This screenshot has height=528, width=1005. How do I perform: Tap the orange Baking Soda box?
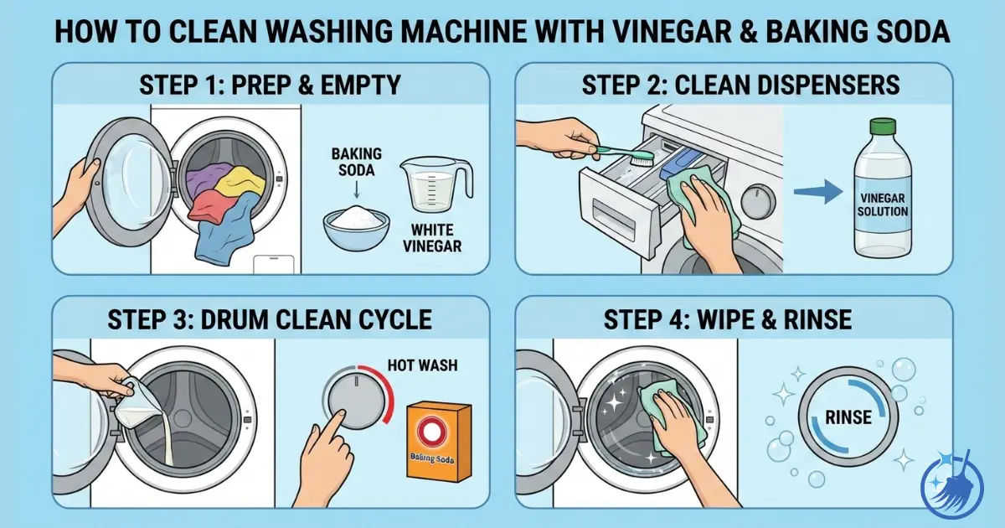point(438,443)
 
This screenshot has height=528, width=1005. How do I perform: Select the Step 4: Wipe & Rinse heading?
point(733,318)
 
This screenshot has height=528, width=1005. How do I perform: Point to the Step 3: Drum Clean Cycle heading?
point(271,318)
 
